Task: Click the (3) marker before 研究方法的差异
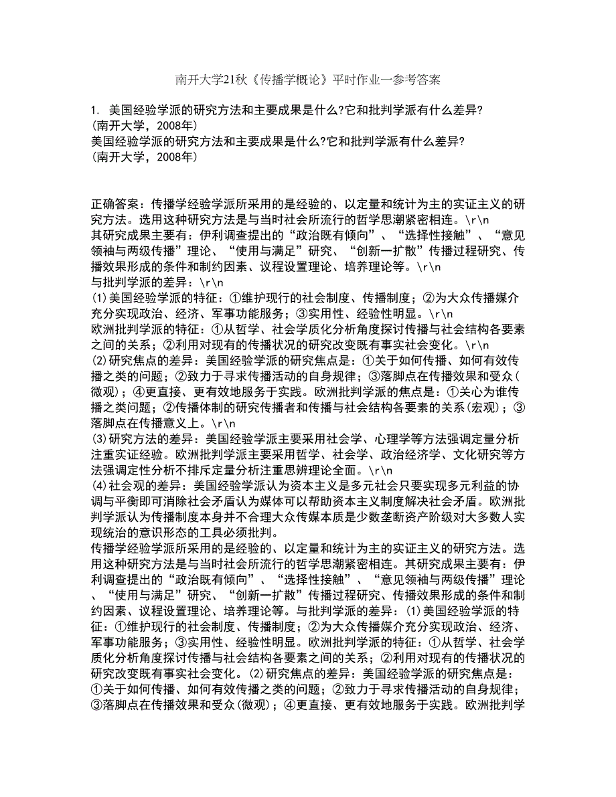tap(98, 437)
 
